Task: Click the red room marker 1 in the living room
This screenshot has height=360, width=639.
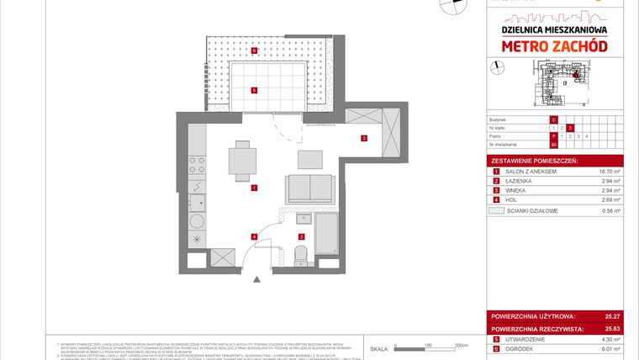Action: pyautogui.click(x=253, y=188)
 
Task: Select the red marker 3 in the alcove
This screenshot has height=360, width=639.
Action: pyautogui.click(x=363, y=138)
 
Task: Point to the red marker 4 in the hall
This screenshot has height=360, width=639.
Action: pyautogui.click(x=253, y=236)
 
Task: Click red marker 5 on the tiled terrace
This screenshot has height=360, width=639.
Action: pyautogui.click(x=254, y=90)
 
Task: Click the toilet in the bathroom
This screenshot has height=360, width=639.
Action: pyautogui.click(x=301, y=251)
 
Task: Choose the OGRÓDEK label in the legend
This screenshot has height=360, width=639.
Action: pyautogui.click(x=516, y=348)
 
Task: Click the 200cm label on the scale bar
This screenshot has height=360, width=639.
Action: pyautogui.click(x=460, y=345)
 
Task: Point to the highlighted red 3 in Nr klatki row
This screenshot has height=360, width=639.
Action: pyautogui.click(x=570, y=127)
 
